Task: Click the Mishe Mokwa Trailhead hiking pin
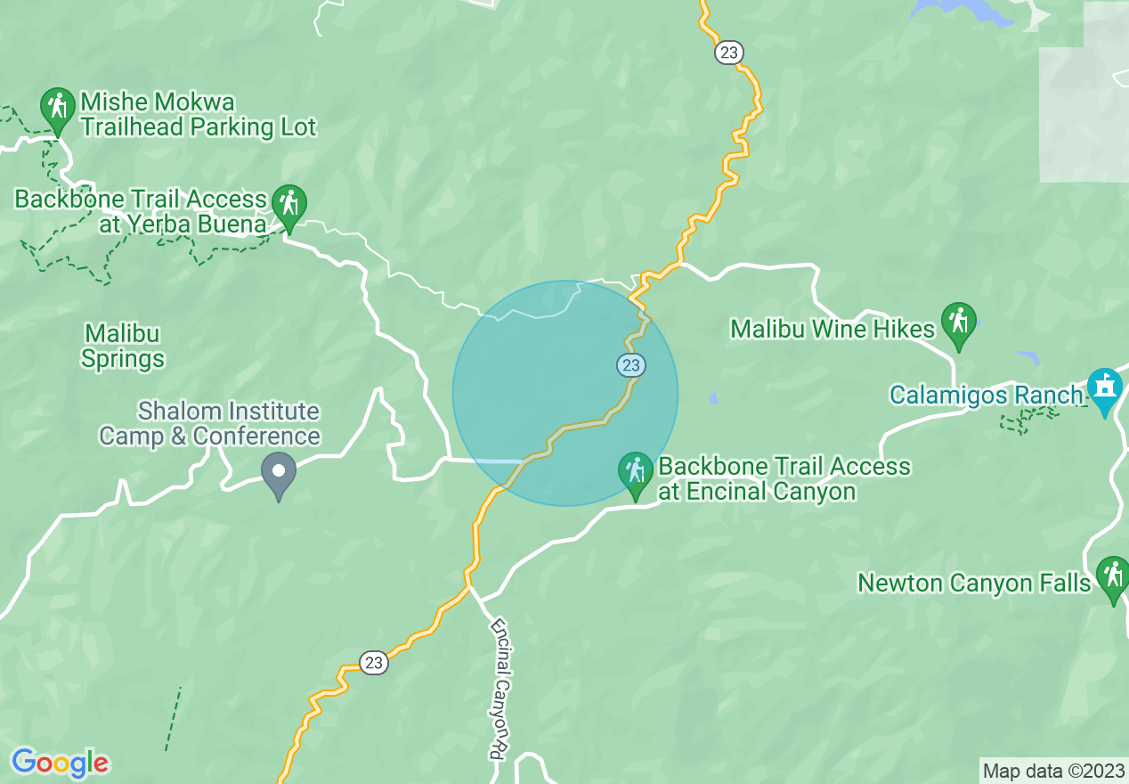point(58,108)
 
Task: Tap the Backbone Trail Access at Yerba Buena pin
point(288,205)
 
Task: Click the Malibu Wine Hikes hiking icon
point(958,322)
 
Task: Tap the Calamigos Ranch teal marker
point(1105,388)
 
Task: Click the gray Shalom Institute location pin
point(279,472)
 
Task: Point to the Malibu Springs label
point(123,346)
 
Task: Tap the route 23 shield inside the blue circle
point(631,364)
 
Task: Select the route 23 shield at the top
point(728,53)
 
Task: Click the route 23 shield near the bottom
point(374,662)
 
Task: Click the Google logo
point(60,763)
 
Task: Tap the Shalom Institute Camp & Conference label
point(209,423)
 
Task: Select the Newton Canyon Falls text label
point(974,583)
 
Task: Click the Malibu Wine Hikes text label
point(833,329)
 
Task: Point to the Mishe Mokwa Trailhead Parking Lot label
point(198,113)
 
